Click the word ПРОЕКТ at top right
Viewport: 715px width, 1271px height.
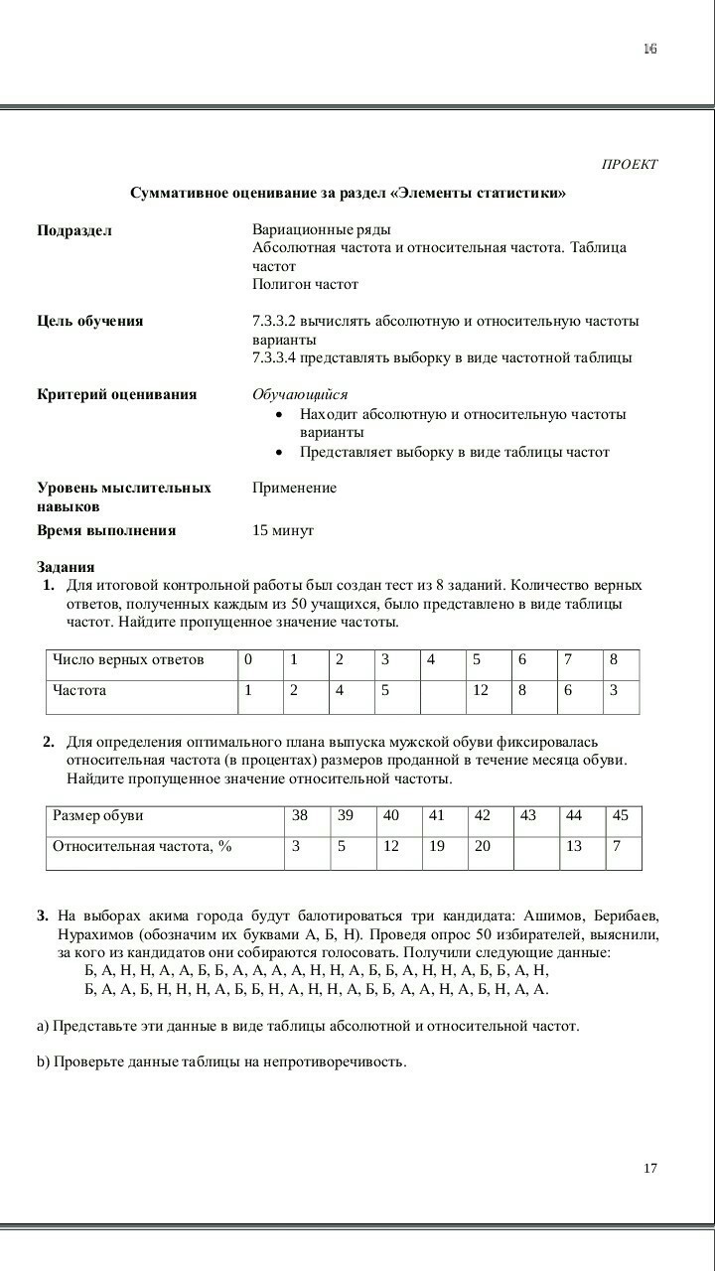(630, 164)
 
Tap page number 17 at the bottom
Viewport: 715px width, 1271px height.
(649, 1168)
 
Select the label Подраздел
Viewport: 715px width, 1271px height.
(74, 230)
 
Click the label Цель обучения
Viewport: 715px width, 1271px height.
(90, 321)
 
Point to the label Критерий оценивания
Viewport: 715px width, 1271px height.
(117, 394)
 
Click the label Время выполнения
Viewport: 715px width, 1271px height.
(106, 530)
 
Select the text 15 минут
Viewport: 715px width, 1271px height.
(283, 530)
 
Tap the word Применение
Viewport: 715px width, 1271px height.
(294, 488)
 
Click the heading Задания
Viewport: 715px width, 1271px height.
(66, 567)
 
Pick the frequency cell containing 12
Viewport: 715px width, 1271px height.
(481, 690)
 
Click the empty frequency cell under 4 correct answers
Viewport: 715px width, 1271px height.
(442, 696)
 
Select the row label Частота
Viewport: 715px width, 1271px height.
(79, 690)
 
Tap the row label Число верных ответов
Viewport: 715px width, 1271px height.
(128, 659)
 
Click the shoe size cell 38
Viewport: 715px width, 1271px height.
(300, 815)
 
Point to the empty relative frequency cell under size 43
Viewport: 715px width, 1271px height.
(535, 852)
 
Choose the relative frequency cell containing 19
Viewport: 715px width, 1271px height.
(437, 846)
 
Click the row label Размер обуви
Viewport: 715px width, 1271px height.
(98, 815)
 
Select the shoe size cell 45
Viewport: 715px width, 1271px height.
(621, 815)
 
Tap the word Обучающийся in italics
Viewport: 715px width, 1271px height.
(300, 394)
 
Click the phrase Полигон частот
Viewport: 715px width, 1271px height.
(305, 284)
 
